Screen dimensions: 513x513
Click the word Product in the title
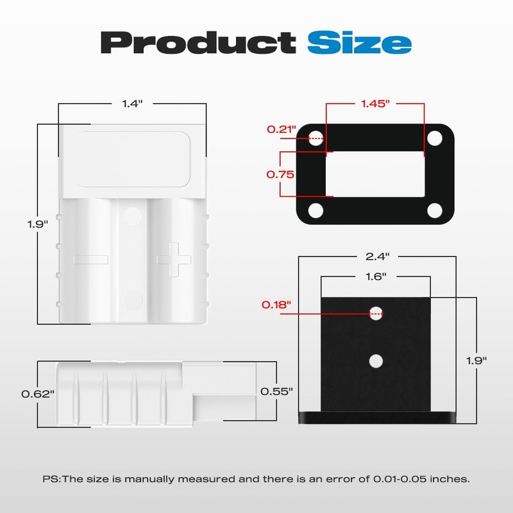tap(198, 43)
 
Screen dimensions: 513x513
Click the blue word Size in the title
tap(359, 42)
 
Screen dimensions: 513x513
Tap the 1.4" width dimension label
tap(132, 104)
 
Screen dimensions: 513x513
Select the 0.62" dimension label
tap(38, 394)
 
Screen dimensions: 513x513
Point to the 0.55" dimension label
tap(276, 391)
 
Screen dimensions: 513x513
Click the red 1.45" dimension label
tap(375, 104)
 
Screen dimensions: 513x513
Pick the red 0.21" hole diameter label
tap(282, 130)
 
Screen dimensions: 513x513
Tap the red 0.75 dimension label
tap(280, 174)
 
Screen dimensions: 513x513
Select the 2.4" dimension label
tap(378, 256)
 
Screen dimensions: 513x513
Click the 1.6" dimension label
tap(376, 277)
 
